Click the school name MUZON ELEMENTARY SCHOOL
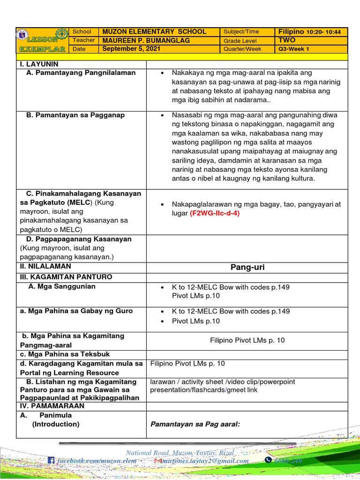tap(154, 32)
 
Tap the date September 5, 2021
tap(132, 49)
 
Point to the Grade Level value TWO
tap(287, 40)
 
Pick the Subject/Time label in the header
tap(241, 32)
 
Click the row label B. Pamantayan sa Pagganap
tap(75, 115)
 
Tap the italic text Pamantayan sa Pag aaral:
tap(195, 424)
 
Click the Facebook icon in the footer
tap(51, 461)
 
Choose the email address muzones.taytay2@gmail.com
tap(209, 461)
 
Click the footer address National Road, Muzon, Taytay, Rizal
tap(180, 452)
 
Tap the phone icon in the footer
tap(268, 461)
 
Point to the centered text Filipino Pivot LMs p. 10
tap(247, 340)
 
